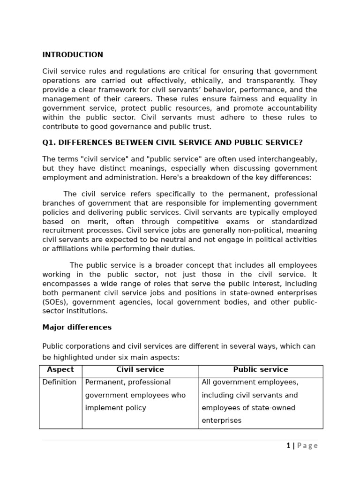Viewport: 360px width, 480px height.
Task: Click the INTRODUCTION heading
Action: [x=73, y=55]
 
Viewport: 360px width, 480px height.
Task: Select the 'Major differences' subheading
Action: [x=77, y=328]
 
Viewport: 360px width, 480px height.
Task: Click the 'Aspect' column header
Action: [x=60, y=370]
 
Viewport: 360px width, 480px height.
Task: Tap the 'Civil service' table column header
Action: [x=140, y=370]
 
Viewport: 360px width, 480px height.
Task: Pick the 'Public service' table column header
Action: [x=261, y=370]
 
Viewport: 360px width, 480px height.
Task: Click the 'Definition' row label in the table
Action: [x=60, y=382]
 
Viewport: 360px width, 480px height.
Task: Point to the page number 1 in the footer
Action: [x=288, y=446]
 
